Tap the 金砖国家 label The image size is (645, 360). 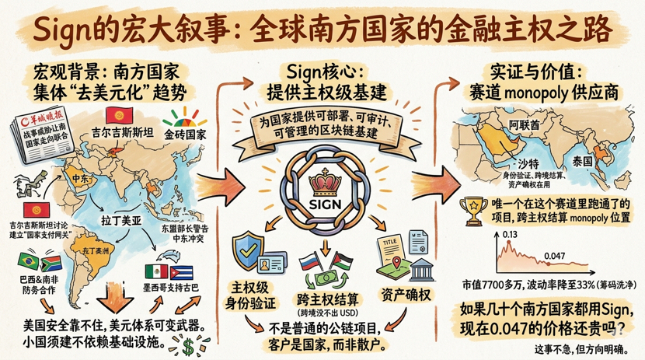click(x=184, y=134)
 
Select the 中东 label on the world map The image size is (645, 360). click(x=81, y=177)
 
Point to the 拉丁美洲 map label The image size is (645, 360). click(x=121, y=221)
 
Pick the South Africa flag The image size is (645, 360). click(x=47, y=262)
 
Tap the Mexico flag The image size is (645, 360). click(x=158, y=272)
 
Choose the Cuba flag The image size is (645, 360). click(x=180, y=272)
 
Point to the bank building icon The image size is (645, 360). click(x=422, y=270)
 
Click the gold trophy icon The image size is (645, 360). click(x=469, y=208)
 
